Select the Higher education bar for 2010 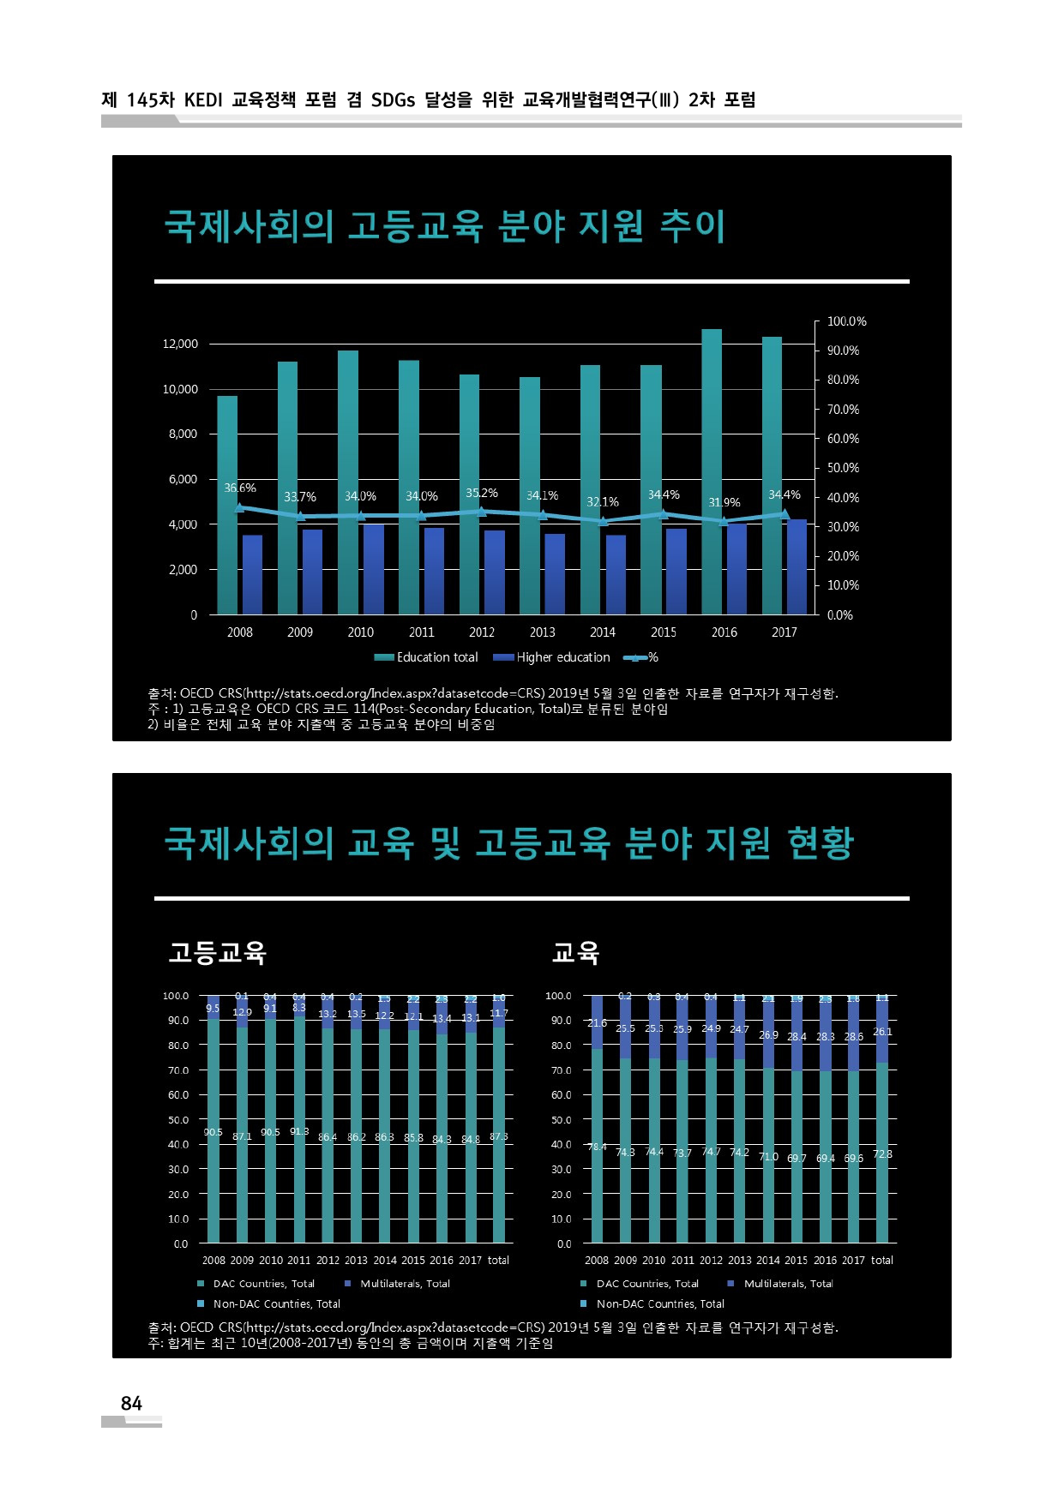(x=374, y=569)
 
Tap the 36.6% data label (x=240, y=488)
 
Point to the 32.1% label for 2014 (x=603, y=501)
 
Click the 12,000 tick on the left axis (x=180, y=344)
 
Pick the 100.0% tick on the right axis (x=846, y=321)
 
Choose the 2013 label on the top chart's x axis (x=542, y=632)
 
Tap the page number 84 (x=131, y=1403)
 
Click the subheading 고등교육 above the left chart (x=218, y=952)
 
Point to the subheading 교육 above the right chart (x=575, y=952)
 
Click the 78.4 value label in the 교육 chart (x=597, y=1147)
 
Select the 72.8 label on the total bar (x=882, y=1153)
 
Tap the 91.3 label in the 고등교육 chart (x=299, y=1131)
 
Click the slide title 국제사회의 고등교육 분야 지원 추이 (x=444, y=226)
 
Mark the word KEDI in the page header (x=203, y=100)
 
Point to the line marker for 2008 (x=240, y=507)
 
